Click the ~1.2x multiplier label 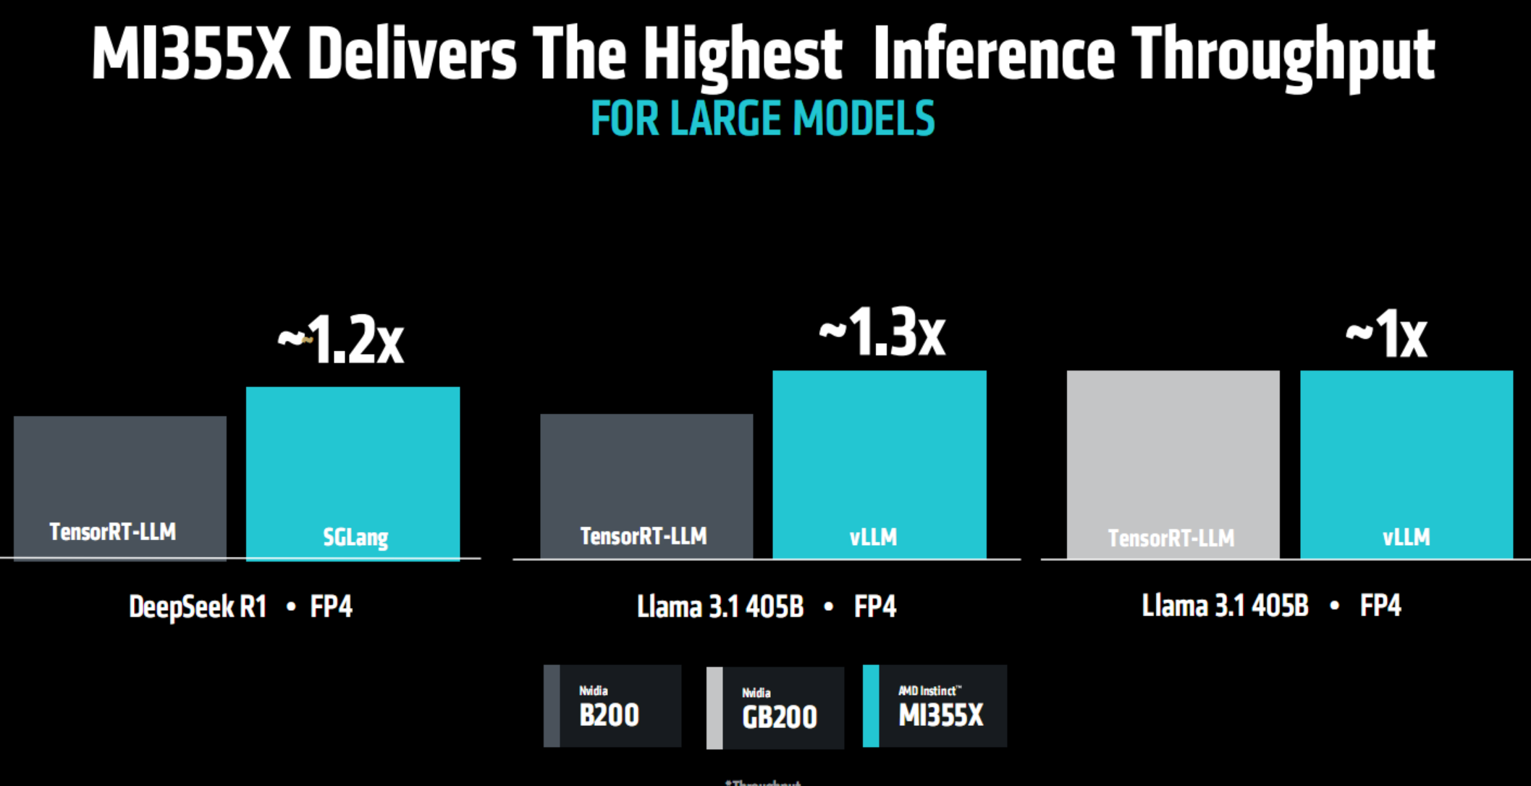pyautogui.click(x=341, y=339)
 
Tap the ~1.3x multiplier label pyautogui.click(x=882, y=333)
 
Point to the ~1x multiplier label pyautogui.click(x=1386, y=334)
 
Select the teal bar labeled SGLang pyautogui.click(x=353, y=463)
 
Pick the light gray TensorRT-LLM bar pyautogui.click(x=1173, y=456)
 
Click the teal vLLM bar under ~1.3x pyautogui.click(x=879, y=456)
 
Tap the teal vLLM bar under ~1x pyautogui.click(x=1406, y=456)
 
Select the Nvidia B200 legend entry pyautogui.click(x=612, y=706)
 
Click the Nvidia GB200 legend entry pyautogui.click(x=775, y=708)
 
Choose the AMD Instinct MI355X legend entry pyautogui.click(x=935, y=706)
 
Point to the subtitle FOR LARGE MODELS pyautogui.click(x=763, y=119)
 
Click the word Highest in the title pyautogui.click(x=742, y=55)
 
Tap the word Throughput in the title pyautogui.click(x=1283, y=55)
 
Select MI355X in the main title pyautogui.click(x=191, y=55)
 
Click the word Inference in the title pyautogui.click(x=993, y=55)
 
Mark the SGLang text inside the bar pyautogui.click(x=355, y=537)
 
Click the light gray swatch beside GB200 pyautogui.click(x=714, y=708)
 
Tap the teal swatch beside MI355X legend pyautogui.click(x=871, y=706)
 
